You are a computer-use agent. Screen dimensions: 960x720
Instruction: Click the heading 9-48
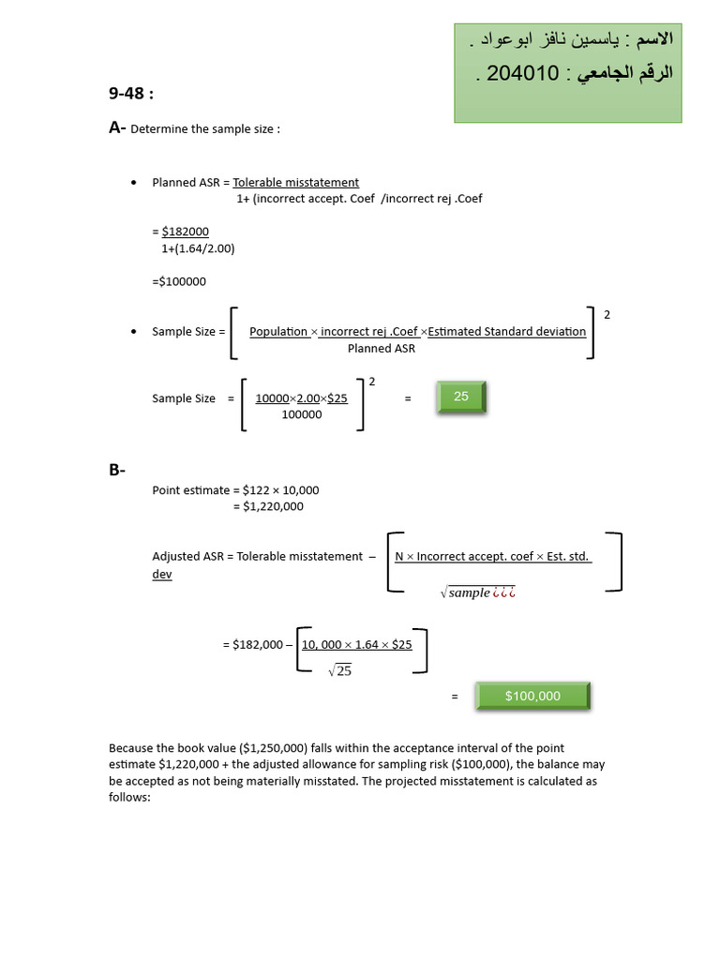tap(130, 94)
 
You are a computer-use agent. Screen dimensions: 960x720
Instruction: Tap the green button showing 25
tap(461, 397)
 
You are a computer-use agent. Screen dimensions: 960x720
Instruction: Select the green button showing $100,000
tap(532, 696)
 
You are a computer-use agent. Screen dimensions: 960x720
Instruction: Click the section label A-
tap(117, 128)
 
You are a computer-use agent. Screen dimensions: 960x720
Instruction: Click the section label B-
tap(117, 471)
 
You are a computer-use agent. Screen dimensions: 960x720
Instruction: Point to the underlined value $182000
tap(186, 232)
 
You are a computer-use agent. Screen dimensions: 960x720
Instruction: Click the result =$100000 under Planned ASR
tap(179, 281)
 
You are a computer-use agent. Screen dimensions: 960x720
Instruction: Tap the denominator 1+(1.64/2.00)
tap(198, 248)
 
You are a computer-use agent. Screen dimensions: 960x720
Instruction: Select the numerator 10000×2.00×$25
tap(301, 397)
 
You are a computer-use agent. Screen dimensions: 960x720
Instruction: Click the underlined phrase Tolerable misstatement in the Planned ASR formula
tap(296, 182)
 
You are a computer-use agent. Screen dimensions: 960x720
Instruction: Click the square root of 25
tap(339, 670)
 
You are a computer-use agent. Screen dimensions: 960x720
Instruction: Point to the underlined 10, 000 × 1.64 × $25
tap(356, 644)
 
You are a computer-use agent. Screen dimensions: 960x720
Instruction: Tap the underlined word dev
tap(162, 574)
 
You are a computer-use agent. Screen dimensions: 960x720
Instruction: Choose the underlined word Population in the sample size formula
tap(278, 331)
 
